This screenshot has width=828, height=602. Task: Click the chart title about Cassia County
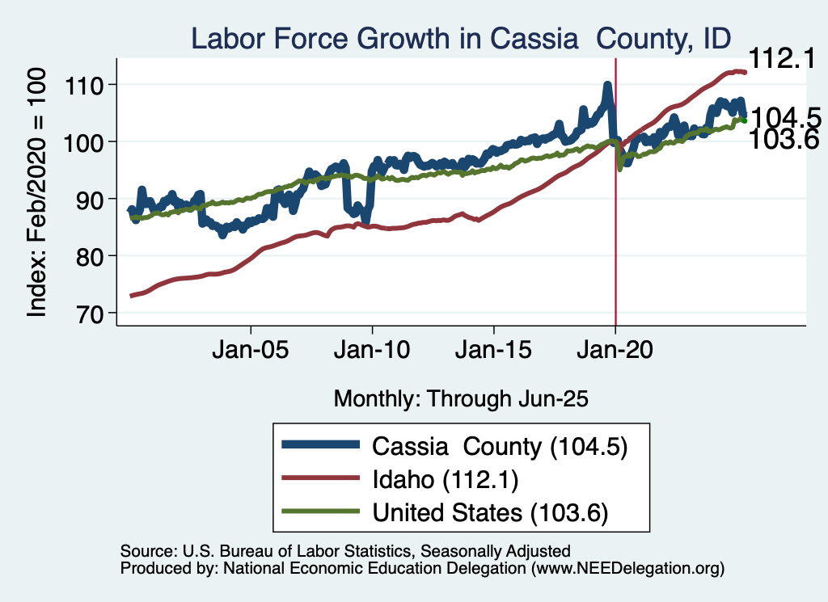[460, 38]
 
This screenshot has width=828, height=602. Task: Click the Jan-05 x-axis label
[251, 352]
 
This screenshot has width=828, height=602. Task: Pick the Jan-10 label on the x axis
[372, 352]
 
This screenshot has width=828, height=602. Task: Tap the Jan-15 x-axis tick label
[494, 352]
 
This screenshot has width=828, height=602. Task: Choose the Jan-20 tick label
[615, 352]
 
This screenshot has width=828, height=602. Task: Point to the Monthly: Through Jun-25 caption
[460, 398]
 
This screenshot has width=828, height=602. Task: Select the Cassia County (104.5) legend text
[500, 445]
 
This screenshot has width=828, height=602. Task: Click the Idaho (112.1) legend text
[445, 479]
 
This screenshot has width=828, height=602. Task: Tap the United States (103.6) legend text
[489, 513]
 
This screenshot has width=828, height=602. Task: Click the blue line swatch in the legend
[319, 445]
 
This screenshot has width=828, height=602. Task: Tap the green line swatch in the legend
[319, 513]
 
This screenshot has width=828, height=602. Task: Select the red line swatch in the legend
[319, 479]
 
